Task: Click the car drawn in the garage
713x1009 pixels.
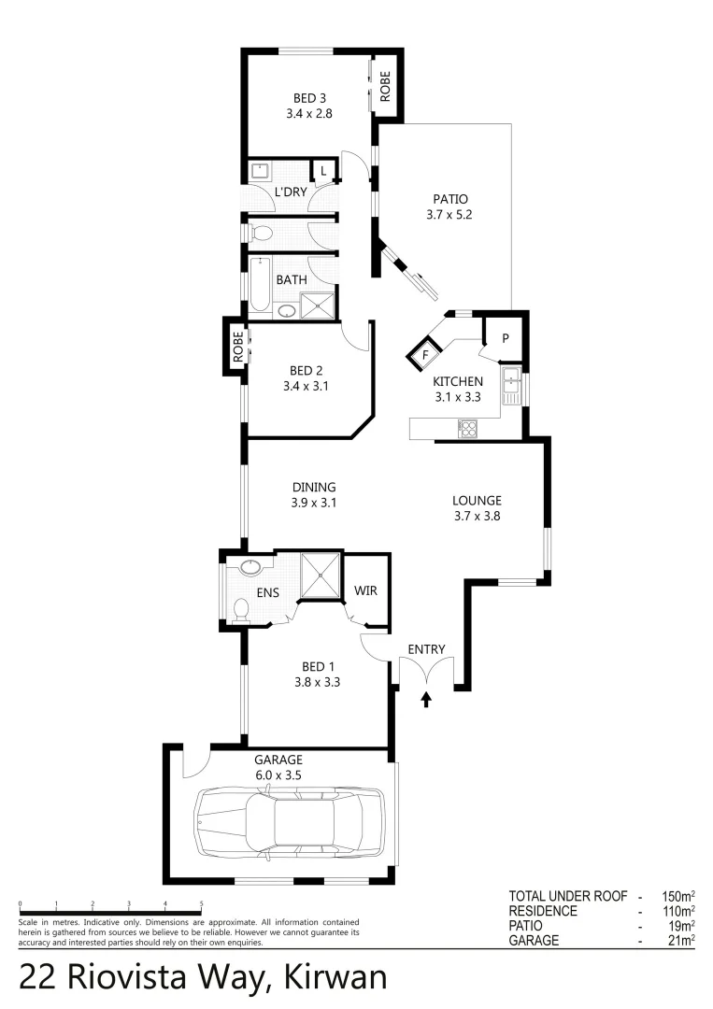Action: point(289,821)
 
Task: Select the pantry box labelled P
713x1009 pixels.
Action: point(505,338)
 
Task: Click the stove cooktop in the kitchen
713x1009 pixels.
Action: point(467,429)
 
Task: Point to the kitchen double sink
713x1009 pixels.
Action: point(510,386)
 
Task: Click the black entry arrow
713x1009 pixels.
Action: point(427,699)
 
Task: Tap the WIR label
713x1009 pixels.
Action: point(365,591)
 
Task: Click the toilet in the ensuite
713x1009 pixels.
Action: point(240,609)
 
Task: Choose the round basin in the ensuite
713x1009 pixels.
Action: point(250,568)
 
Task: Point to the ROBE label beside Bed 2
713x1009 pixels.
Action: point(237,348)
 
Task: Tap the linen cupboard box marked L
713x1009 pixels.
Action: point(323,171)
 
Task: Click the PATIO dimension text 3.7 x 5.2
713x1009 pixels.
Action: point(449,214)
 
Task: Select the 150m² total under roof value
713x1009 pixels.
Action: point(675,895)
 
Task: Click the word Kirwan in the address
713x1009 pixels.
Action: point(331,976)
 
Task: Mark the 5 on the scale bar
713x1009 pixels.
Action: point(202,903)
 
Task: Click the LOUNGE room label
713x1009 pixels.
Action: point(477,500)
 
